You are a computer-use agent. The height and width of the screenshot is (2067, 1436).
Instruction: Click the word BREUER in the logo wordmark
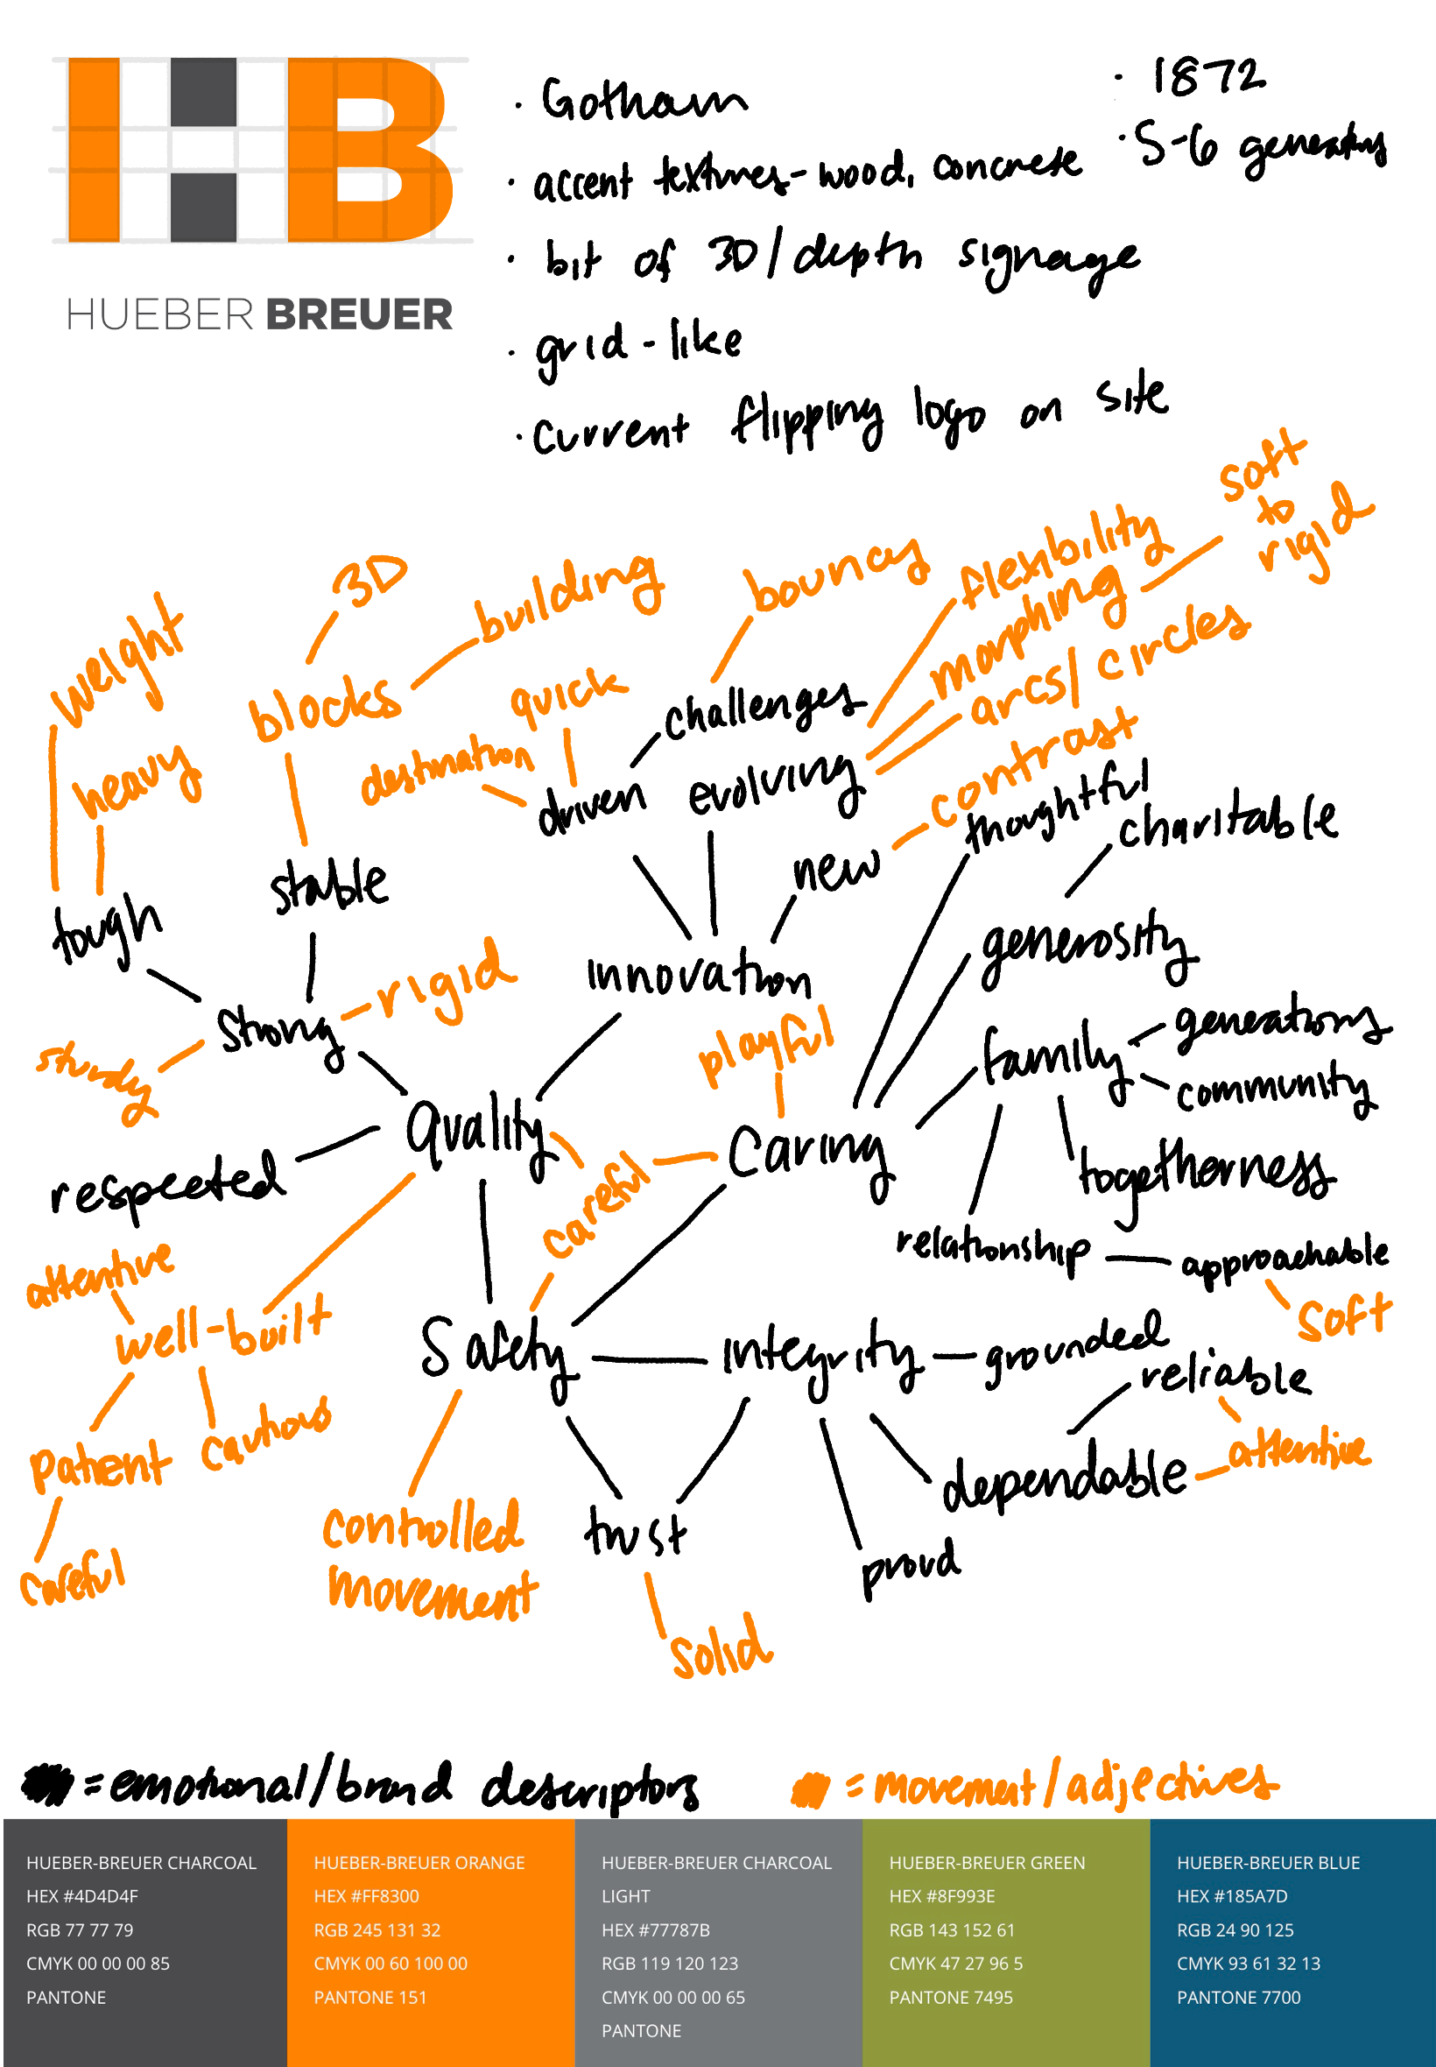pos(359,315)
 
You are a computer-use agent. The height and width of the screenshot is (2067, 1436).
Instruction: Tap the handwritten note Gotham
pos(643,101)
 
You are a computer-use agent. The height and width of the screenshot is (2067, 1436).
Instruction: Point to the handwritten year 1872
pos(1207,77)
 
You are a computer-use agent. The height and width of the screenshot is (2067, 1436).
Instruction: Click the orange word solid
pos(721,1647)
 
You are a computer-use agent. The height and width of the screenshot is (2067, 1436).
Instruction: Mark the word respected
pos(168,1184)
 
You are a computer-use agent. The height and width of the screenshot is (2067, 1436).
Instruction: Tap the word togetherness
pos(1206,1175)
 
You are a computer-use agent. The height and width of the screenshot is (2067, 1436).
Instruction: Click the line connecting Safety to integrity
pos(648,1359)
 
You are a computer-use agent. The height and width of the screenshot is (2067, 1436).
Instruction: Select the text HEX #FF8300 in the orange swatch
pos(366,1896)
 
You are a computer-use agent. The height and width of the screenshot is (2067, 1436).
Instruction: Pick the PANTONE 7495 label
pos(950,1997)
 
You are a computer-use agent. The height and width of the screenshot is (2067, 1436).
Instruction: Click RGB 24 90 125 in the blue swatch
pos(1235,1929)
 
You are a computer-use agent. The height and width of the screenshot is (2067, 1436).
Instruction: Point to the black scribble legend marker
pos(46,1783)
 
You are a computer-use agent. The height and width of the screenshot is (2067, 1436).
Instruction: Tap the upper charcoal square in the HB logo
pos(203,92)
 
